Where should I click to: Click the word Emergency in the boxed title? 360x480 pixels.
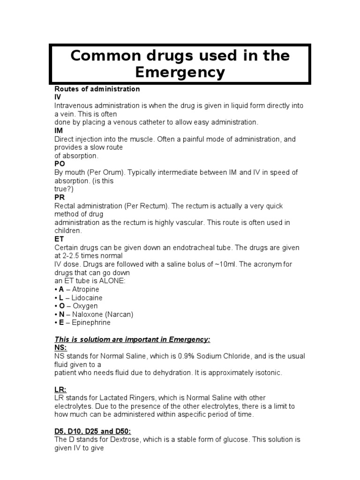tap(180, 73)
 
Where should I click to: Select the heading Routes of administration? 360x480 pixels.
tap(97, 89)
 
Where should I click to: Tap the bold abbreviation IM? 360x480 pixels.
tap(59, 131)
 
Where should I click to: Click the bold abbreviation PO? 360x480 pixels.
tap(60, 164)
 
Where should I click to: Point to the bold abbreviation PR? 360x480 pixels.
tap(60, 197)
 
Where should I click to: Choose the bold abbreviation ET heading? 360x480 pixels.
tap(59, 239)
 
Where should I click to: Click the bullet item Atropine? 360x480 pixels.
tap(85, 289)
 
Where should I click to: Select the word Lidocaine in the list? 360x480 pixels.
tap(87, 298)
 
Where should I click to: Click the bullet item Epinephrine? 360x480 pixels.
tap(91, 322)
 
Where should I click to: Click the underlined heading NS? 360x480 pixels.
tap(60, 347)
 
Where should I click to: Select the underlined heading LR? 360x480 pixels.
tap(60, 389)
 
